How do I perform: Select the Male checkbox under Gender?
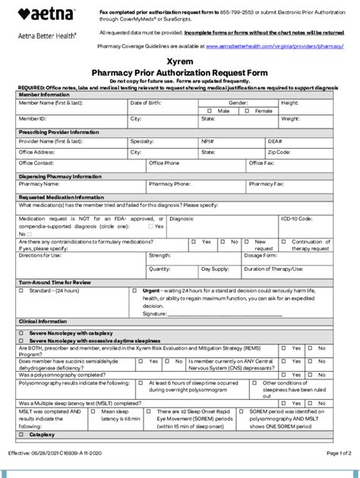210,111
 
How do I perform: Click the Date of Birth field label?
147,102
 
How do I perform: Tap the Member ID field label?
33,119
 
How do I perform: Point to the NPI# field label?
207,141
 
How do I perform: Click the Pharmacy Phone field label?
169,184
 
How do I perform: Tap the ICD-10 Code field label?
296,219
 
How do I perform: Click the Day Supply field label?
215,269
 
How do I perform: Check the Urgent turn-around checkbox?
135,291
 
